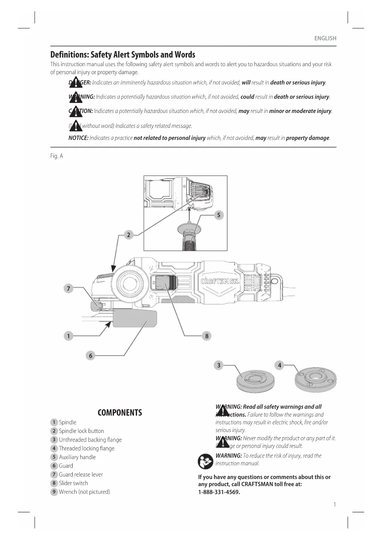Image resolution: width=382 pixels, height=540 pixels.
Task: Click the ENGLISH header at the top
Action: coord(325,38)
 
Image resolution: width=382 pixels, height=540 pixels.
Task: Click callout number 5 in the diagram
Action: coord(219,215)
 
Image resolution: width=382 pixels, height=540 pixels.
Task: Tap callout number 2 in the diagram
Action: coord(128,235)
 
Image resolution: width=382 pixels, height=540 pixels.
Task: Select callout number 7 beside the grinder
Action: coord(68,288)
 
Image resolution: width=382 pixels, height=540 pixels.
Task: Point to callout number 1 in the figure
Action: coord(68,336)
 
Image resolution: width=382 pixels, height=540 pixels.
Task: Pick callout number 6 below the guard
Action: coord(90,356)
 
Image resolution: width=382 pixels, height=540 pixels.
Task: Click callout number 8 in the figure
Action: coord(207,336)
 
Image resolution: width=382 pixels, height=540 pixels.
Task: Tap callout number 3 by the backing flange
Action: coord(219,365)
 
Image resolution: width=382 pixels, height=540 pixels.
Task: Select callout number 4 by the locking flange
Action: coord(279,365)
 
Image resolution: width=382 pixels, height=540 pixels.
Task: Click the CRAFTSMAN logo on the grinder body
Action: coord(220,281)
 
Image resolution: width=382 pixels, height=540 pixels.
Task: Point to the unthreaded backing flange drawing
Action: coord(255,381)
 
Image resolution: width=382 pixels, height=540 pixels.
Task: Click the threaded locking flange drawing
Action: coord(315,379)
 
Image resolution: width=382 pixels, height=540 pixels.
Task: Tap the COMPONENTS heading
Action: coord(120,413)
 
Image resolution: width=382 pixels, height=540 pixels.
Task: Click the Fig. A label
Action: coord(57,156)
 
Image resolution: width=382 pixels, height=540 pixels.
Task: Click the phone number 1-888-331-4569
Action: coord(219,492)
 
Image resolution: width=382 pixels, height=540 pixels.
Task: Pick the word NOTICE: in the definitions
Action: coord(78,138)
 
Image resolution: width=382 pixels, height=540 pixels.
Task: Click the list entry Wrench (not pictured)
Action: coord(84,492)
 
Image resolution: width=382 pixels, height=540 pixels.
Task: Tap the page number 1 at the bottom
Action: coord(335,504)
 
